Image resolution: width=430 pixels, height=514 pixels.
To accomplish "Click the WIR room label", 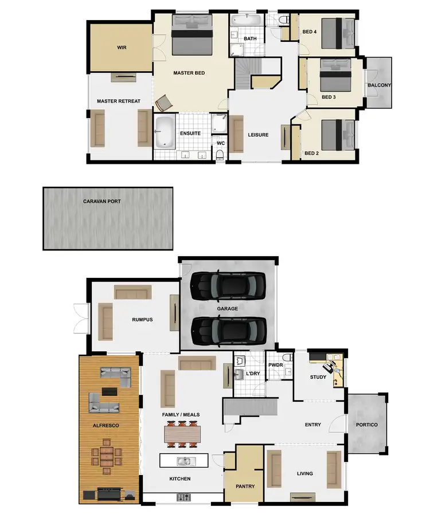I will [122, 48].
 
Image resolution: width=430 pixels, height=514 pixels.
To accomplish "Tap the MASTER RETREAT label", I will [119, 101].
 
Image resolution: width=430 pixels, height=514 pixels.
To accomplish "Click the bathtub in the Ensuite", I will [165, 131].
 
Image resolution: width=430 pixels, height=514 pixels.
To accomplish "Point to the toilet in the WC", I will [220, 155].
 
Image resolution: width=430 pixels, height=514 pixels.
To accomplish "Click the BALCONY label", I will [379, 85].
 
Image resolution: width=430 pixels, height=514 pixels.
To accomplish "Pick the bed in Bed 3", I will [335, 75].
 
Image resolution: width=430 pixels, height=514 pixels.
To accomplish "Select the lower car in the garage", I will [228, 331].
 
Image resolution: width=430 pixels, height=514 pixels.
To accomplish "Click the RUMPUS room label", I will [142, 320].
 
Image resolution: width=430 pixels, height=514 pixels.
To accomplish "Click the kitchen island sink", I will [185, 461].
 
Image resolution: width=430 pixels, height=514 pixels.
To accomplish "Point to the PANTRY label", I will [245, 486].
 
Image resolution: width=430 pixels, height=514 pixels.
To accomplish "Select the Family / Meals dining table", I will [183, 433].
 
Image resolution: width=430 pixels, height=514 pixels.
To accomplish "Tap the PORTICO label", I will [367, 425].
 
